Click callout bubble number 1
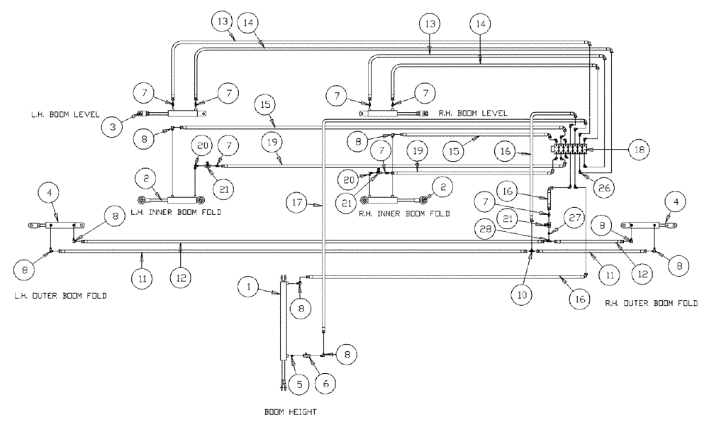[248, 288]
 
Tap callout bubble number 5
[298, 384]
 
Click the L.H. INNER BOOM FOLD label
[171, 213]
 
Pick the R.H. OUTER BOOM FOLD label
[651, 303]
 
